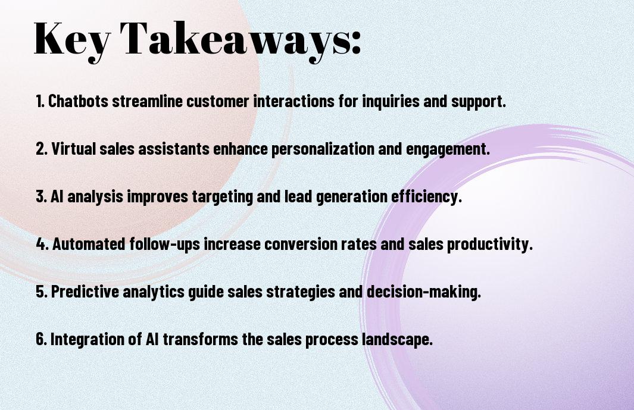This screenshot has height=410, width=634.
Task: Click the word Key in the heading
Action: tap(72, 40)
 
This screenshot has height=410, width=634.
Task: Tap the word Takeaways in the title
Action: tap(233, 40)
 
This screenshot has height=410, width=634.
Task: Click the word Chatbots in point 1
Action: tap(78, 101)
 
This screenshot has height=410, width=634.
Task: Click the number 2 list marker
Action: tap(42, 149)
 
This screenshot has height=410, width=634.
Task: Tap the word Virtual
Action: tap(74, 149)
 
